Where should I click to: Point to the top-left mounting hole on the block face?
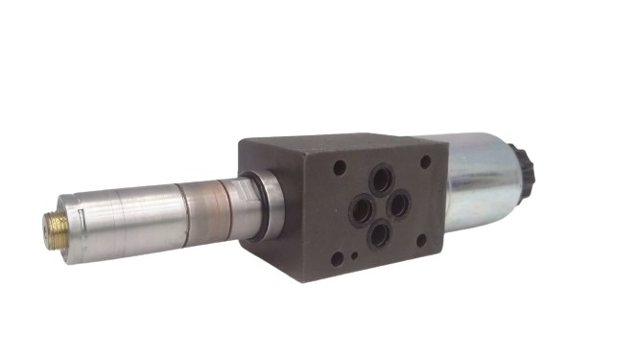click(340, 167)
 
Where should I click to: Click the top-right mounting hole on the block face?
click(425, 161)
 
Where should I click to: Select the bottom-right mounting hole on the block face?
click(422, 242)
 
